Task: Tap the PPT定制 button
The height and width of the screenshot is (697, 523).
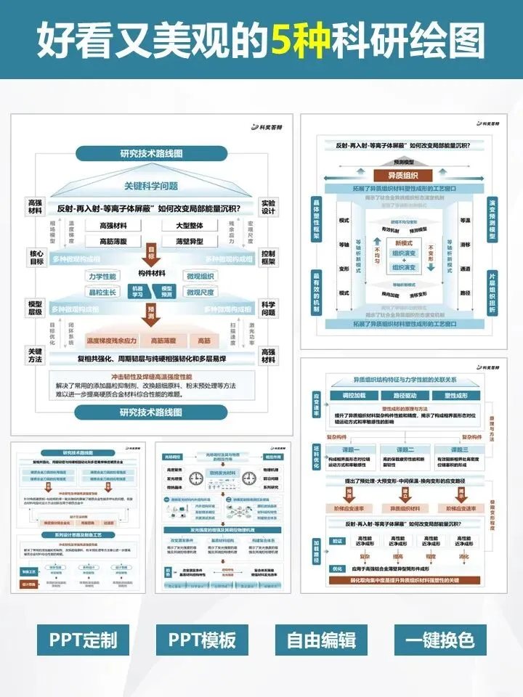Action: click(83, 640)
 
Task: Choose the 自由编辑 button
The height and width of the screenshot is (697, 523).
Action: click(320, 640)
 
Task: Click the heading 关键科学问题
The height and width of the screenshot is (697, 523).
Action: click(151, 185)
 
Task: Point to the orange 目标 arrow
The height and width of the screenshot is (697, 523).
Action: click(152, 254)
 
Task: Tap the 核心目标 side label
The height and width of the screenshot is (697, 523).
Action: click(36, 257)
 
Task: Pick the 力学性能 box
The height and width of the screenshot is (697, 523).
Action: click(102, 277)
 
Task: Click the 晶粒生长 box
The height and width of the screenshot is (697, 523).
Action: click(102, 292)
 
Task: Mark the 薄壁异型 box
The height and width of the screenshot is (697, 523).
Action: click(189, 241)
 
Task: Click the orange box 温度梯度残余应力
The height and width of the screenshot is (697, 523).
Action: click(112, 340)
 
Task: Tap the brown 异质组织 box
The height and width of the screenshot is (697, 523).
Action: click(402, 176)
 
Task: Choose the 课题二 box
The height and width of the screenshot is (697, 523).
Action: click(402, 450)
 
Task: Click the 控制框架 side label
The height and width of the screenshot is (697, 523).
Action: click(268, 257)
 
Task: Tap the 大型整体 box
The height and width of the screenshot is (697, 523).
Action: click(189, 226)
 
